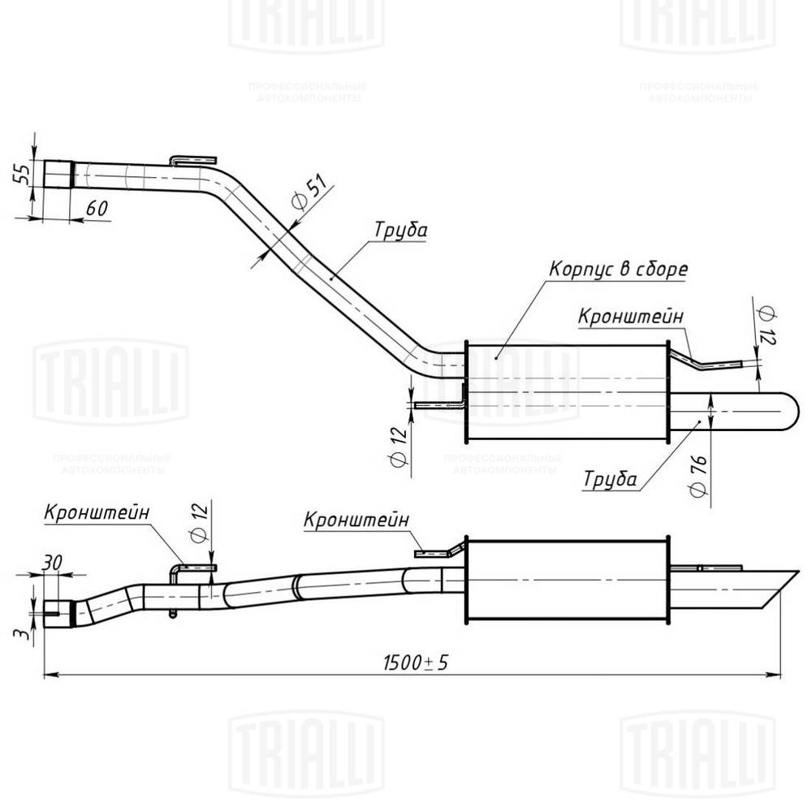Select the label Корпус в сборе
(x=618, y=269)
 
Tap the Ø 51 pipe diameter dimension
(x=308, y=195)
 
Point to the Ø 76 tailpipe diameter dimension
(x=696, y=477)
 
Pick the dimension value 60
(x=97, y=208)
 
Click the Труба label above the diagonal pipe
(x=400, y=230)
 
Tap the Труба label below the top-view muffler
(x=609, y=479)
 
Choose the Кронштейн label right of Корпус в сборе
(x=630, y=316)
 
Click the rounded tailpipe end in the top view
(x=784, y=412)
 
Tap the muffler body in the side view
(x=567, y=580)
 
